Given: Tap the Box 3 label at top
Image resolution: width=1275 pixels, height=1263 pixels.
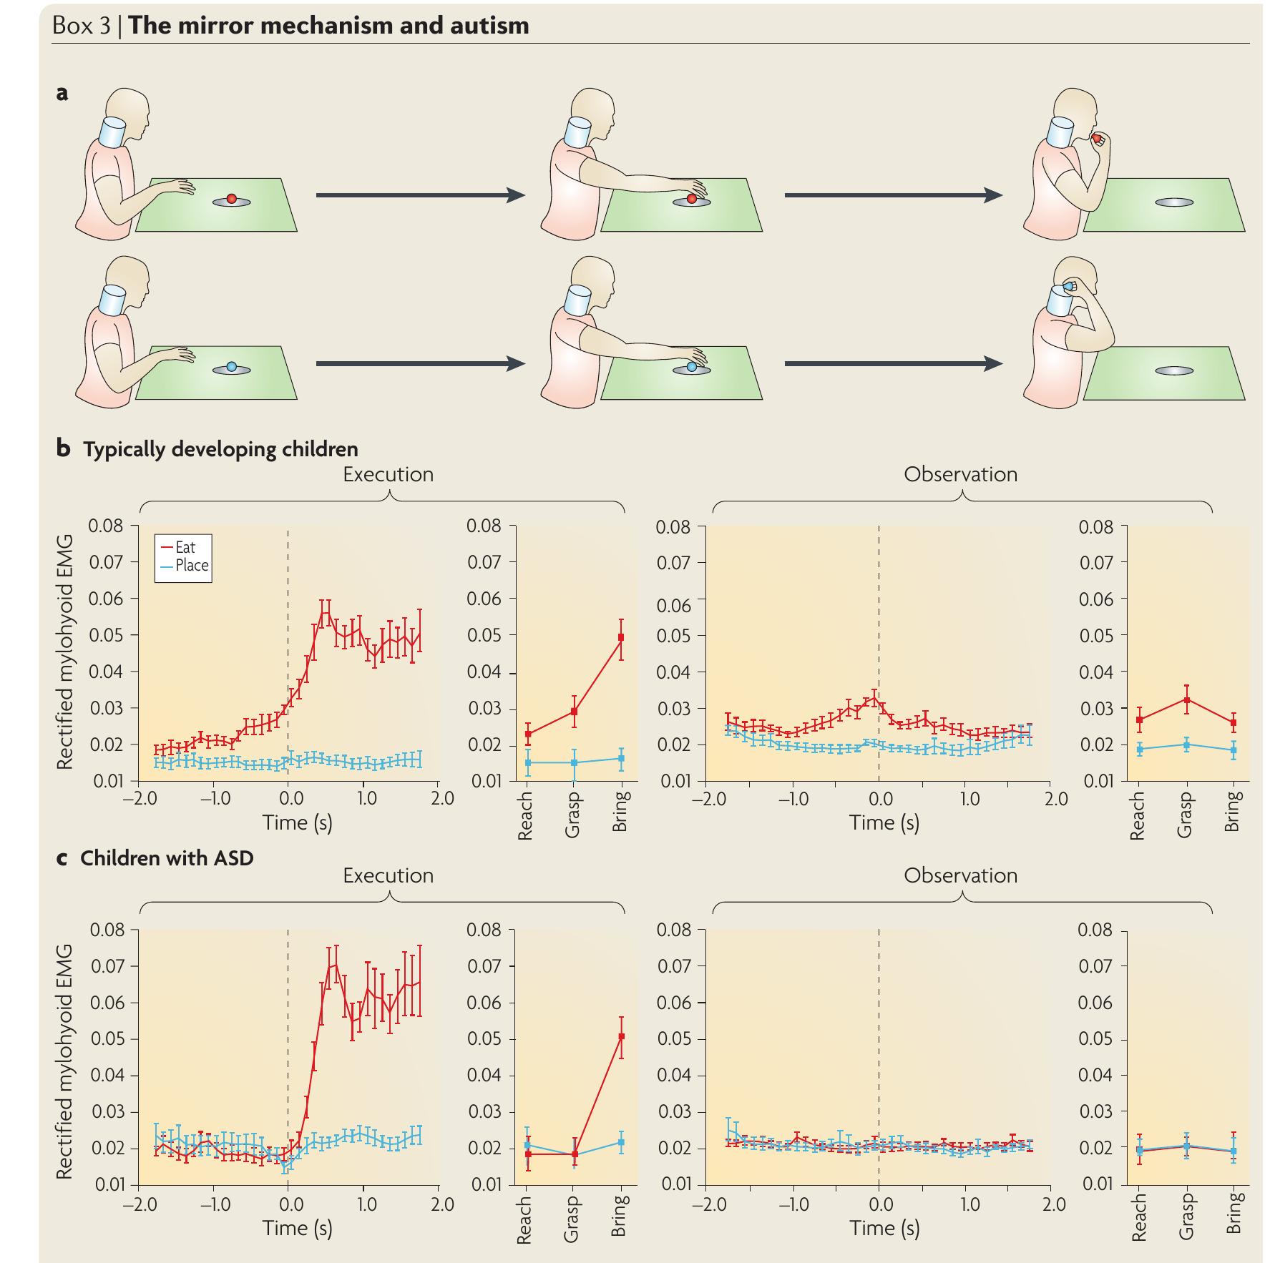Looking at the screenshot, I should coord(81,26).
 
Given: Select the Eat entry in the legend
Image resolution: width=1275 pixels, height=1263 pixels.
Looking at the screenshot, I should coord(184,548).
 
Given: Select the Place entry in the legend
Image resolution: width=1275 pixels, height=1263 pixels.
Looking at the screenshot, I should coord(191,565).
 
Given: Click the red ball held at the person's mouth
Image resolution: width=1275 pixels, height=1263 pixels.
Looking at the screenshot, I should coord(1097,138).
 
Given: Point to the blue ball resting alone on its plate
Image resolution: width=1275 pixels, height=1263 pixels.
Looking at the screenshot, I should coord(231,366).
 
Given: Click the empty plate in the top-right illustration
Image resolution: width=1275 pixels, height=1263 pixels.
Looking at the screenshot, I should coord(1173,202).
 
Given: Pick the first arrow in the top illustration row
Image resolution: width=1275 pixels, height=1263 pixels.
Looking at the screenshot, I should coord(420,195).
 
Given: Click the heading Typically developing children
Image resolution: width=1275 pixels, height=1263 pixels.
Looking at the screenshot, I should coord(220,449).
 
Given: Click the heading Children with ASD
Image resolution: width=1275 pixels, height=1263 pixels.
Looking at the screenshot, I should coord(167,857).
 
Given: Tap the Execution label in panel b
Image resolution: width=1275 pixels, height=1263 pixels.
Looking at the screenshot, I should coord(388,474).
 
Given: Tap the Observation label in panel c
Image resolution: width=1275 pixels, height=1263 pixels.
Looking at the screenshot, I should coord(960,875).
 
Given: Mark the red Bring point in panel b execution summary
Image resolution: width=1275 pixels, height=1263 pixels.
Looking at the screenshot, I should coord(621,637).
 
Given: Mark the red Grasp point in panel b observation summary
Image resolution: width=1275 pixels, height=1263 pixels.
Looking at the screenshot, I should coord(1186,700).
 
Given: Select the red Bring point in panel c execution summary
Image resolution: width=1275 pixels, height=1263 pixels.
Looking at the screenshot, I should coord(621,1036).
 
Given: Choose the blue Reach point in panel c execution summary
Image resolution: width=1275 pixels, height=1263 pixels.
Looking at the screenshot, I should coord(527,1145).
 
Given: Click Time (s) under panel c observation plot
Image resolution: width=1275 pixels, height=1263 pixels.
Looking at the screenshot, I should coord(884,1227).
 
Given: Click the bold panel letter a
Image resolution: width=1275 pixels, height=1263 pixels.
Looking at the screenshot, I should coord(63,93).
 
